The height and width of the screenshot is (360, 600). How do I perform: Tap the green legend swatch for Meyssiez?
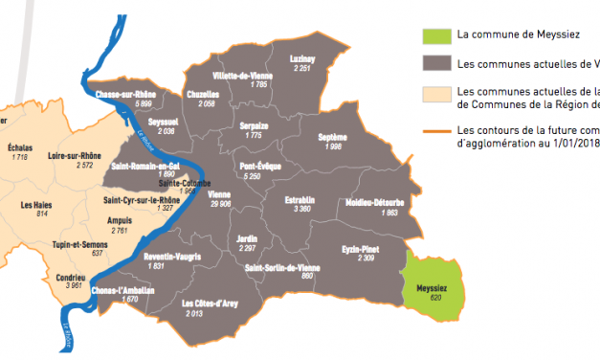pyautogui.click(x=435, y=35)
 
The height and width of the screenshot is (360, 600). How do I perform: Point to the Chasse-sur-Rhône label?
pyautogui.click(x=125, y=93)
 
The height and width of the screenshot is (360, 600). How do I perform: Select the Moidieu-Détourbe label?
pyautogui.click(x=368, y=202)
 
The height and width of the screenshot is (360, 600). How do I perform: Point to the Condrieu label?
pyautogui.click(x=72, y=277)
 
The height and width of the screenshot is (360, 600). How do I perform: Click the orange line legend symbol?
pyautogui.click(x=435, y=129)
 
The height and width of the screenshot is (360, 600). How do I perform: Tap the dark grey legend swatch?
pyautogui.click(x=435, y=64)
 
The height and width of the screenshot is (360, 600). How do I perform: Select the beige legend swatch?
pyautogui.click(x=435, y=93)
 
